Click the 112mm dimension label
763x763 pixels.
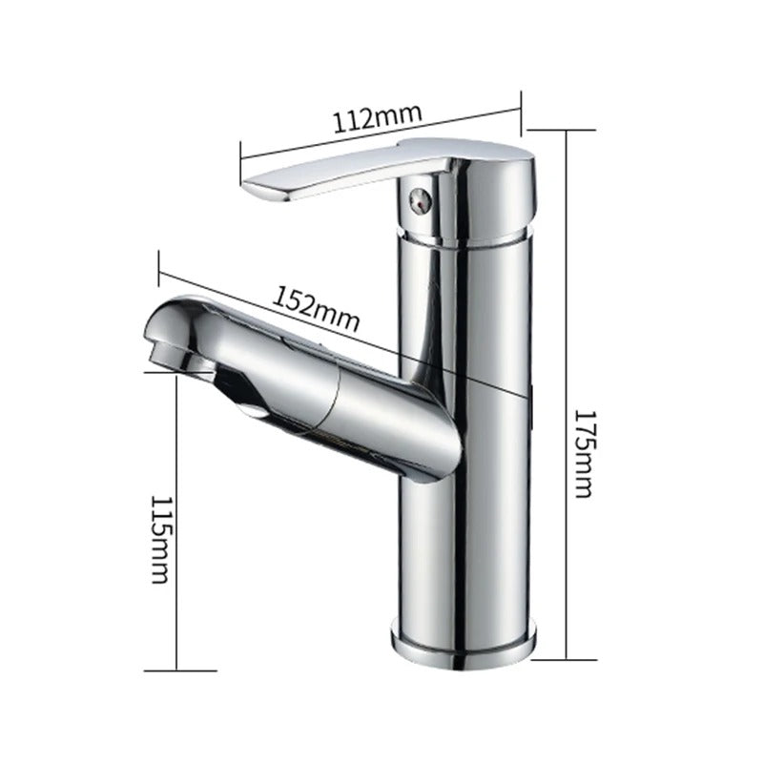point(377,119)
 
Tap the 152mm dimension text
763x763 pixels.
point(318,307)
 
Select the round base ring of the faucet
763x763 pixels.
point(464,640)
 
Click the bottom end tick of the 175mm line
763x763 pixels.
point(567,658)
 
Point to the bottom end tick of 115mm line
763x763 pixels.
point(177,670)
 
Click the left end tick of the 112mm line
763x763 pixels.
point(240,159)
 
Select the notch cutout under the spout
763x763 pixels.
point(243,401)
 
